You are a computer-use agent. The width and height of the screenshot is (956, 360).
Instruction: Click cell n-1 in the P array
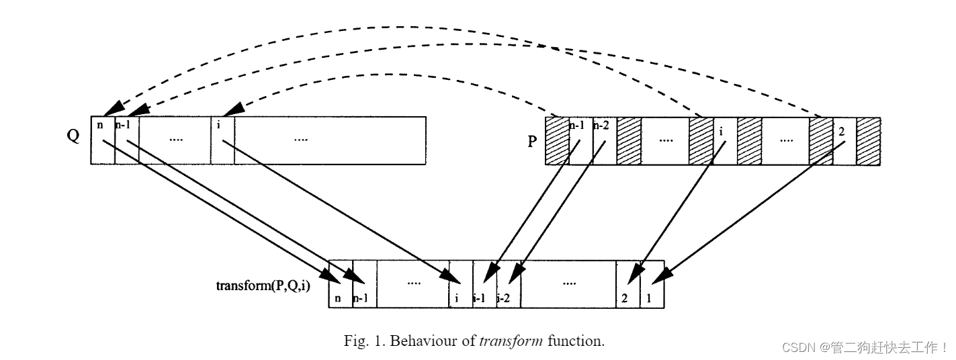pyautogui.click(x=581, y=142)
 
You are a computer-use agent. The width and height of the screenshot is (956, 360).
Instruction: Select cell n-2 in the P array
pyautogui.click(x=605, y=142)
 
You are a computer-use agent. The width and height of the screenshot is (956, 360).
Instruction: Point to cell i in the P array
pyautogui.click(x=725, y=142)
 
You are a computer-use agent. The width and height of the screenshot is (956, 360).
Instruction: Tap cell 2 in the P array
pyautogui.click(x=844, y=142)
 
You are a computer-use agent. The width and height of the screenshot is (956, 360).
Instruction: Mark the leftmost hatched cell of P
pyautogui.click(x=557, y=142)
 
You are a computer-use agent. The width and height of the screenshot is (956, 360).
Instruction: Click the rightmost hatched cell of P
pyautogui.click(x=868, y=142)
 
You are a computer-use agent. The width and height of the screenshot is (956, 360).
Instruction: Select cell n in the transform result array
pyautogui.click(x=341, y=284)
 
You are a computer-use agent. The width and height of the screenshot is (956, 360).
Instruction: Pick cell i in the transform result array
pyautogui.click(x=461, y=284)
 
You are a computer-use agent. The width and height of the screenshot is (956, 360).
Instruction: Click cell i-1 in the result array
pyautogui.click(x=484, y=284)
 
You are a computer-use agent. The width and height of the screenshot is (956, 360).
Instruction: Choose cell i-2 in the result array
pyautogui.click(x=509, y=284)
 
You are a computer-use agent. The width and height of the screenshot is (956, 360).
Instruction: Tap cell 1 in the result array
pyautogui.click(x=652, y=284)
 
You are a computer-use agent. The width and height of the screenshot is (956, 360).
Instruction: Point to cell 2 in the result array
pyautogui.click(x=627, y=284)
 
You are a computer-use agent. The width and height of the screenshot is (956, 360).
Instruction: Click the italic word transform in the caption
pyautogui.click(x=511, y=341)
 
